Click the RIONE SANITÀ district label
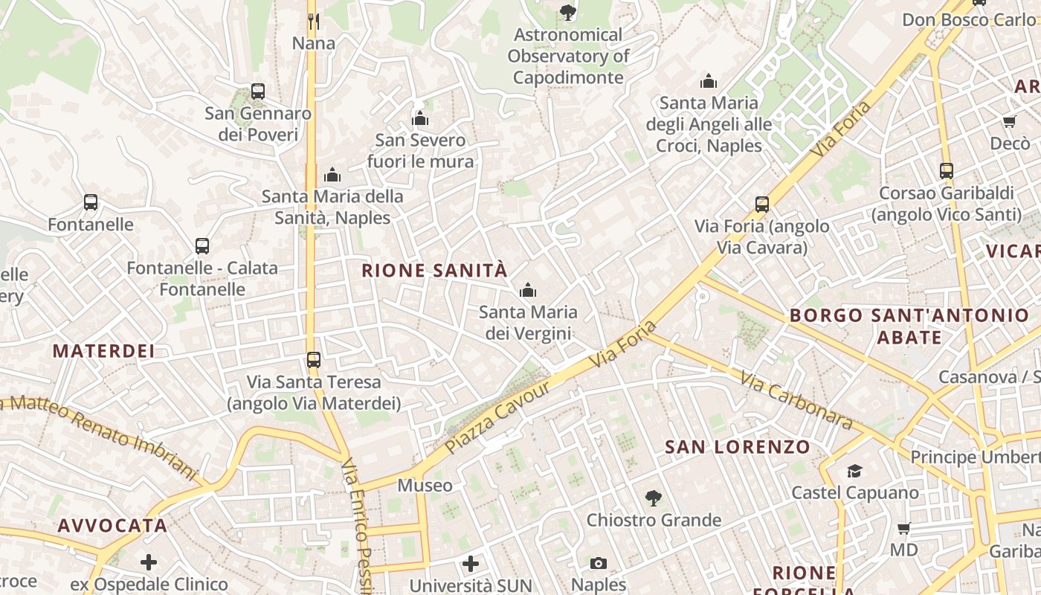pos(434,271)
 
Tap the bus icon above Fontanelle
pos(91,202)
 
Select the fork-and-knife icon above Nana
pos(314,22)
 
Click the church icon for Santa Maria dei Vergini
pos(528,290)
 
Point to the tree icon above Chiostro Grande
pos(654,498)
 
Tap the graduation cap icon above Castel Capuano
pos(854,471)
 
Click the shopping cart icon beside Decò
pos(1009,121)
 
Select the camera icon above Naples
pos(599,563)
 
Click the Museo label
pos(425,486)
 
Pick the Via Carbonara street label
pos(796,400)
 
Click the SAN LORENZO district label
pos(738,447)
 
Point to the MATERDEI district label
pos(104,351)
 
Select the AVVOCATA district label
pos(112,526)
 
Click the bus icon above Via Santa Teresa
pos(314,360)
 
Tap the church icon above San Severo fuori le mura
pos(420,118)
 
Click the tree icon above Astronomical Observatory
pos(568,12)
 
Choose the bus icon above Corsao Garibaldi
pos(947,171)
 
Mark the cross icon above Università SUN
pos(471,564)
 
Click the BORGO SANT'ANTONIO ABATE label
pos(909,326)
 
